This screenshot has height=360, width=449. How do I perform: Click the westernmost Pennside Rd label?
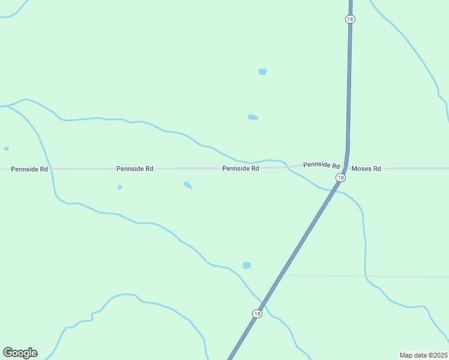click(29, 169)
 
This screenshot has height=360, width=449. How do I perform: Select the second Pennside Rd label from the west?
click(134, 169)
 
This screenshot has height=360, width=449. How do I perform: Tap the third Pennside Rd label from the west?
click(240, 169)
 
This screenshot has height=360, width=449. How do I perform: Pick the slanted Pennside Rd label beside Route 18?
click(321, 165)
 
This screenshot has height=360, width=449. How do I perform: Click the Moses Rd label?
click(366, 169)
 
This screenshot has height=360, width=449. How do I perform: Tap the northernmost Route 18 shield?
click(350, 19)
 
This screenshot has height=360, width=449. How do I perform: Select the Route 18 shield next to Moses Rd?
click(341, 178)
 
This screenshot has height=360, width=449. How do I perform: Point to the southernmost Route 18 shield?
click(257, 313)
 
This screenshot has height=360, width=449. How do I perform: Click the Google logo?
click(20, 353)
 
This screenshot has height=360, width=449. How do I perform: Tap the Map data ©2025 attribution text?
click(423, 355)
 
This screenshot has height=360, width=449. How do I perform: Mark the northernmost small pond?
click(262, 72)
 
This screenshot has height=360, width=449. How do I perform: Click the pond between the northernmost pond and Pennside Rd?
click(253, 117)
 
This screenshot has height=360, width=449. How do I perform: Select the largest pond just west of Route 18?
click(247, 265)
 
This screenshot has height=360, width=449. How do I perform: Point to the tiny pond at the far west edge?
click(6, 149)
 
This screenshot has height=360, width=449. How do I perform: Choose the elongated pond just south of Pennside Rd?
click(188, 185)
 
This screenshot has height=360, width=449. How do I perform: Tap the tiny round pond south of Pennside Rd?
click(120, 187)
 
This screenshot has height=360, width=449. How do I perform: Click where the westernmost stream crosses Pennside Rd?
click(52, 169)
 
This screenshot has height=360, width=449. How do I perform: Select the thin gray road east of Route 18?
click(360, 277)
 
